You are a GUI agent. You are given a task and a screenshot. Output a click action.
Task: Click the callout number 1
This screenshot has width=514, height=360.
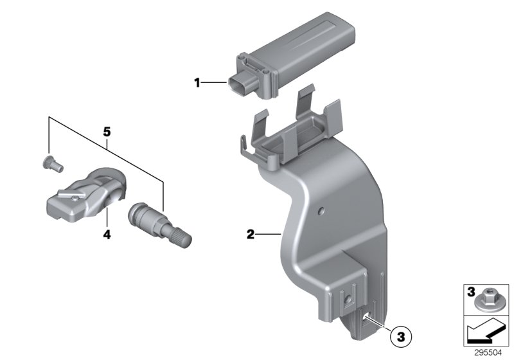coord(198,82)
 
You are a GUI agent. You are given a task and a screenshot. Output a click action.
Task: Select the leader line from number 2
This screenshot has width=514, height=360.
coord(265,236)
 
